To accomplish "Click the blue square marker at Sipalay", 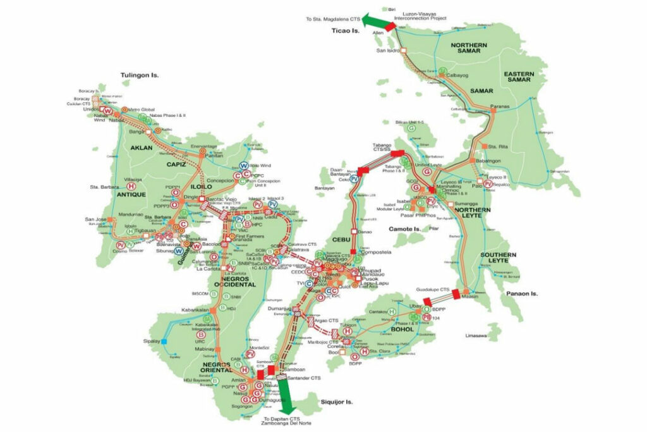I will pyautogui.click(x=164, y=342).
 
